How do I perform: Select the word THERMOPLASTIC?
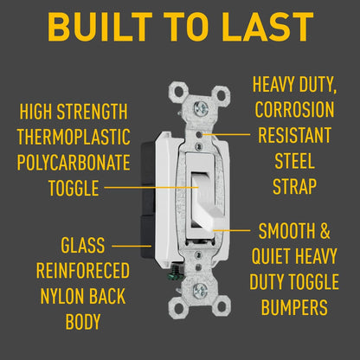click(74, 137)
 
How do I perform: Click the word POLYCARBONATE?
click(74, 162)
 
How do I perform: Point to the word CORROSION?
click(294, 110)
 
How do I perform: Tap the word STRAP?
click(294, 186)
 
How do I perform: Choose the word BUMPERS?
click(294, 307)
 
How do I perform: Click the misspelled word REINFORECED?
click(83, 270)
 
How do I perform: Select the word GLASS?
click(83, 245)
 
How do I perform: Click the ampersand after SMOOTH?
click(325, 231)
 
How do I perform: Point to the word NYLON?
click(62, 296)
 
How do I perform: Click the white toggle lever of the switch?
click(207, 202)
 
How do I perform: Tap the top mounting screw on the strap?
click(201, 109)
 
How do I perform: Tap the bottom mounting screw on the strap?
click(200, 291)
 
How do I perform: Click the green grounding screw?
click(177, 273)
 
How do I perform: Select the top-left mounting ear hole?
click(179, 92)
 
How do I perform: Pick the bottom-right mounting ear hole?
click(222, 307)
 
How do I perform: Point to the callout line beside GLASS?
click(132, 246)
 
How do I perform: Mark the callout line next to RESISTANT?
click(227, 134)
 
